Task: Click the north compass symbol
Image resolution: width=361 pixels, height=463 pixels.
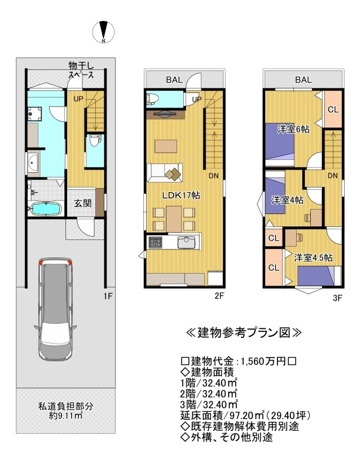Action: click(x=103, y=32)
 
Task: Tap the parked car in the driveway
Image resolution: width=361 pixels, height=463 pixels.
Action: click(x=55, y=310)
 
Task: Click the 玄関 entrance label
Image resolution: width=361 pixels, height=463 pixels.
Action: click(x=83, y=203)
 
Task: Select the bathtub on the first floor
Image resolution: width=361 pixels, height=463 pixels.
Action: click(x=45, y=209)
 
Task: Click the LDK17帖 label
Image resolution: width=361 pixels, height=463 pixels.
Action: click(x=181, y=195)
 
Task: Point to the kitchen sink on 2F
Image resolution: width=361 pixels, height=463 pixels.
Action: click(x=187, y=242)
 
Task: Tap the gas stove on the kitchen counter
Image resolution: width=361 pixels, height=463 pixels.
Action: click(x=156, y=242)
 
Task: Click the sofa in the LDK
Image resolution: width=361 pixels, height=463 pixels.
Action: click(x=165, y=172)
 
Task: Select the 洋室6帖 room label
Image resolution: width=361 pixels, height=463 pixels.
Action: click(x=293, y=129)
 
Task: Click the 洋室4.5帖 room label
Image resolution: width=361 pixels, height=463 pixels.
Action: click(x=314, y=257)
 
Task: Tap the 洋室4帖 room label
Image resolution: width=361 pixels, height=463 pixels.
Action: click(x=287, y=200)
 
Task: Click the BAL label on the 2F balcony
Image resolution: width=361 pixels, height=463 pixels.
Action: click(x=174, y=80)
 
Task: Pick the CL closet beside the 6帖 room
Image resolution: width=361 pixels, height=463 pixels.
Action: click(x=333, y=109)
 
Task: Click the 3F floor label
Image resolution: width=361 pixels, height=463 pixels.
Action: click(x=337, y=298)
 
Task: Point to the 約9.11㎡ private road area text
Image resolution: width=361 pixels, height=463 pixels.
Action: click(x=65, y=416)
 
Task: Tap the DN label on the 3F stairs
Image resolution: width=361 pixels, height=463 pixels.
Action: click(x=333, y=176)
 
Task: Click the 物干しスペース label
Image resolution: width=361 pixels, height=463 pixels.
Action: click(x=81, y=70)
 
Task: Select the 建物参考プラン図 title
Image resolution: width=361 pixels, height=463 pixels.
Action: click(x=244, y=333)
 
